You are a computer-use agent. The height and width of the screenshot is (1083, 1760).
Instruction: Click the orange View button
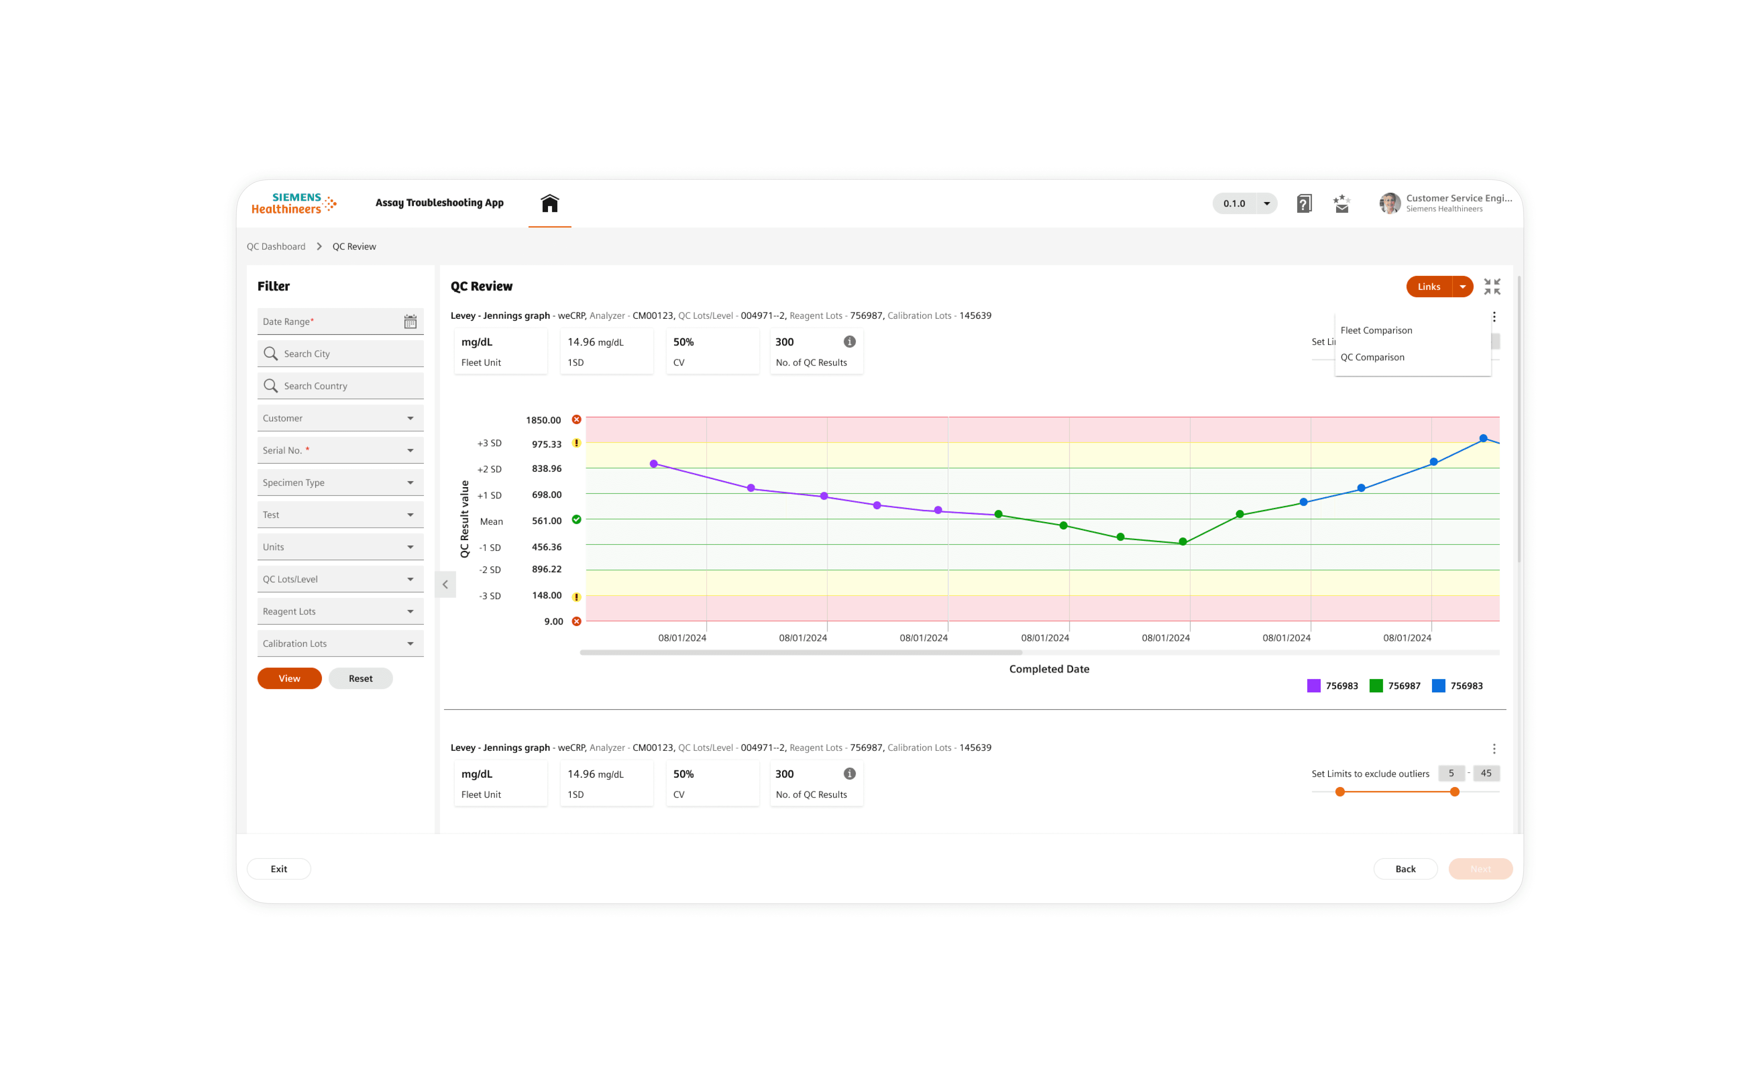point(289,678)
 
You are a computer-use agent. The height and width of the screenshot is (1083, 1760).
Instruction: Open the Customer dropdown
point(340,418)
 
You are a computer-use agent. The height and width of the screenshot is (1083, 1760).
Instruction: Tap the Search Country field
point(340,386)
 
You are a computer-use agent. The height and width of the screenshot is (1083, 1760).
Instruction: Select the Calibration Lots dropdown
point(340,643)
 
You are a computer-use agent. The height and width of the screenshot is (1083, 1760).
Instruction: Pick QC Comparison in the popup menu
point(1372,357)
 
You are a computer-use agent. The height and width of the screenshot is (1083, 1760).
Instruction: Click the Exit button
point(279,869)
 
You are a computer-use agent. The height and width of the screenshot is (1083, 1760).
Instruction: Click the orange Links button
point(1428,286)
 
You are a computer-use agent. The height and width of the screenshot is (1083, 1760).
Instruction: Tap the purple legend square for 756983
point(1313,686)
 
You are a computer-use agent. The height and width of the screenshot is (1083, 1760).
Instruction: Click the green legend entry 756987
point(1394,686)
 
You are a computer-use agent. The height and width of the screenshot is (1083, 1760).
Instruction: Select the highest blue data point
point(1483,438)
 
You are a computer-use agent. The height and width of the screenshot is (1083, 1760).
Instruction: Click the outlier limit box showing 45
point(1486,774)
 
